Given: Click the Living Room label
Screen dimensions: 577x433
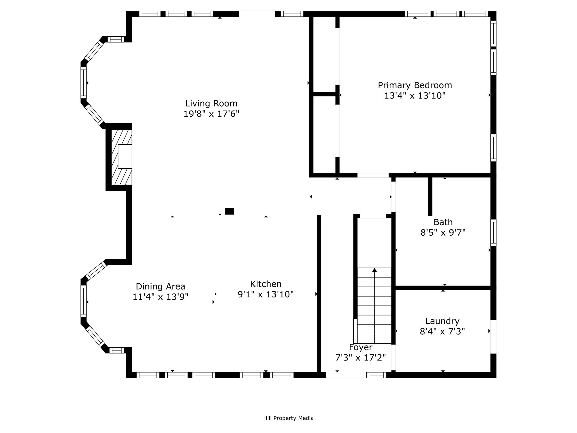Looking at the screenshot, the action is (211, 103).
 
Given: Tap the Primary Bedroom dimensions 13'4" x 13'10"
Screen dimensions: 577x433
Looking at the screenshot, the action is (415, 96).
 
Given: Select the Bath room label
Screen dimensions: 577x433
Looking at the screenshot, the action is (443, 222).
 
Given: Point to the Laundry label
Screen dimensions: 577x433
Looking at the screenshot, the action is (442, 321).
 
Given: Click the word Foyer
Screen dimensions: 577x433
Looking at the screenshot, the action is (361, 347).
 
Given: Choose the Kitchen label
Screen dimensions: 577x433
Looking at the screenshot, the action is (266, 284).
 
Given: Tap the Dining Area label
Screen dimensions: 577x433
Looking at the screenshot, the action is (161, 286).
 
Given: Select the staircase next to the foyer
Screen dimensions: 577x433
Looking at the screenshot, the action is (374, 306).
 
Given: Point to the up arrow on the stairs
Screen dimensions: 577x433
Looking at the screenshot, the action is (374, 306).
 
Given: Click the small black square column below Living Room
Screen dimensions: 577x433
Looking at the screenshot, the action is (229, 211).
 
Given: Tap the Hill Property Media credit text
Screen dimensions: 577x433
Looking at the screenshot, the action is (288, 418).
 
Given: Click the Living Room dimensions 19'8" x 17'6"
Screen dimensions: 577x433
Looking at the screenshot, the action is (211, 114).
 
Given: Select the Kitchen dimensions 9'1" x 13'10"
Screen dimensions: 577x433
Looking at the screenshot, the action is (266, 294).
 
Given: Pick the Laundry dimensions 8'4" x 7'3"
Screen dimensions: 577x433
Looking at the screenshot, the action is (442, 332).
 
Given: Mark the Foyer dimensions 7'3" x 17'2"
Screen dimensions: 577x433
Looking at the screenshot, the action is (361, 358).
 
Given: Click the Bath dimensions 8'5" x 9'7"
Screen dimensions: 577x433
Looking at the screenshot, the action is (443, 233).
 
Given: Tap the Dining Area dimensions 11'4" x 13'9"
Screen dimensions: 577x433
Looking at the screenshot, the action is (161, 297).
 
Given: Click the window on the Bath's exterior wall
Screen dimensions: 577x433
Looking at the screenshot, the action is (493, 232).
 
